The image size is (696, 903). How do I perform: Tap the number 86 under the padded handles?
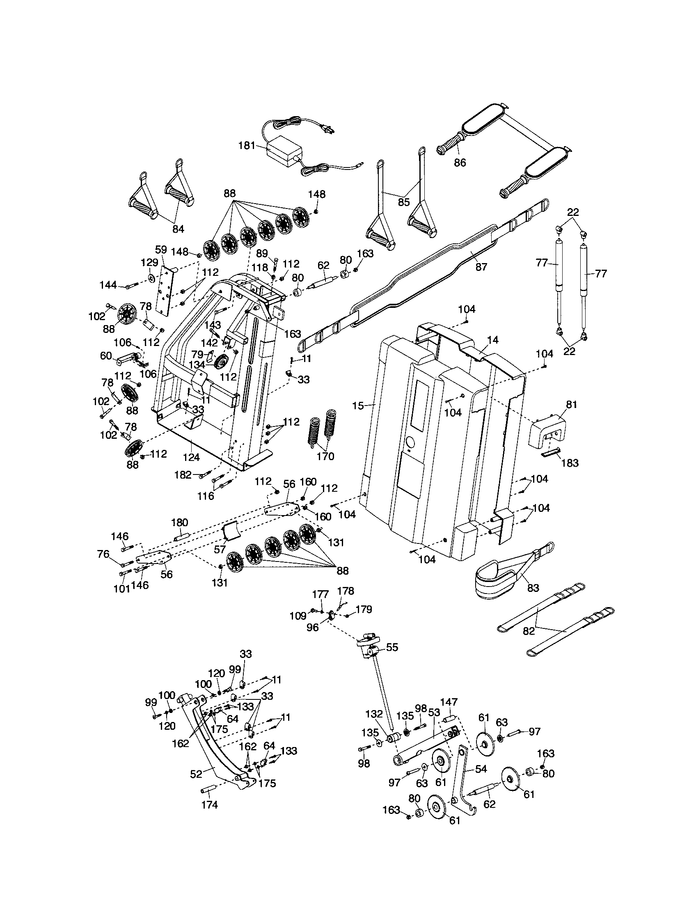460,163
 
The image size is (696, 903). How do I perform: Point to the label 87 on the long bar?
481,267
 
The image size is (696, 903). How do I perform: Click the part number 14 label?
492,340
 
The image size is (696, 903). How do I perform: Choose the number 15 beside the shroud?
358,406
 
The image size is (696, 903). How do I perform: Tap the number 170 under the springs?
325,456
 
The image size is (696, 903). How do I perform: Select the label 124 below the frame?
191,457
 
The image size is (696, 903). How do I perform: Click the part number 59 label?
161,250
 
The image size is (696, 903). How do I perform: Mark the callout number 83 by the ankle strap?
533,588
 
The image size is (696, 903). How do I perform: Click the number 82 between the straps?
529,631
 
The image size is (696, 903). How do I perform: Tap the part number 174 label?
210,804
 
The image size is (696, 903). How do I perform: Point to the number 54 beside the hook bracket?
481,769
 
